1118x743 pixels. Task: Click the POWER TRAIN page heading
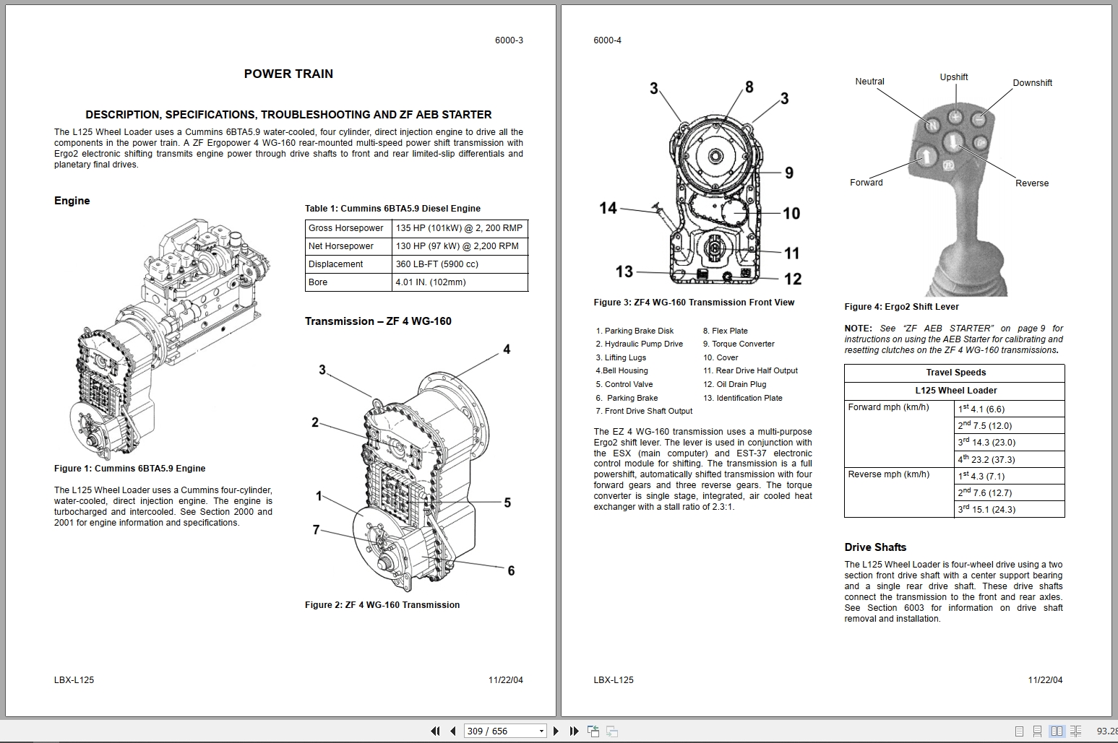288,74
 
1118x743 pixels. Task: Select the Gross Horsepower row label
345,228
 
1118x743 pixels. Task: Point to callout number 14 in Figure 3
608,208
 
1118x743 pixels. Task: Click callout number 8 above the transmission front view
749,87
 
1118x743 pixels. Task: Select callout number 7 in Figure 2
316,530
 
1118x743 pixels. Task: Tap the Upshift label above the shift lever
953,77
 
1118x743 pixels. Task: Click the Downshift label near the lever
1031,83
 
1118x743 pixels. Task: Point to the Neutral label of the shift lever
869,82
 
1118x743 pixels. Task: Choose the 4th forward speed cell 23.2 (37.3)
986,459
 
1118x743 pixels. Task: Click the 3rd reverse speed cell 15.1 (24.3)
986,510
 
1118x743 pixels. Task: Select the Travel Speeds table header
955,373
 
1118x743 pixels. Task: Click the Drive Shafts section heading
874,547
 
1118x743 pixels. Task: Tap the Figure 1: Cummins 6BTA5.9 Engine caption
129,469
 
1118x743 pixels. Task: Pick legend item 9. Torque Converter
738,344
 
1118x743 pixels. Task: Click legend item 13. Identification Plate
742,398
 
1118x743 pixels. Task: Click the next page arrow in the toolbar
556,731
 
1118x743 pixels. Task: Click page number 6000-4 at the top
607,40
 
